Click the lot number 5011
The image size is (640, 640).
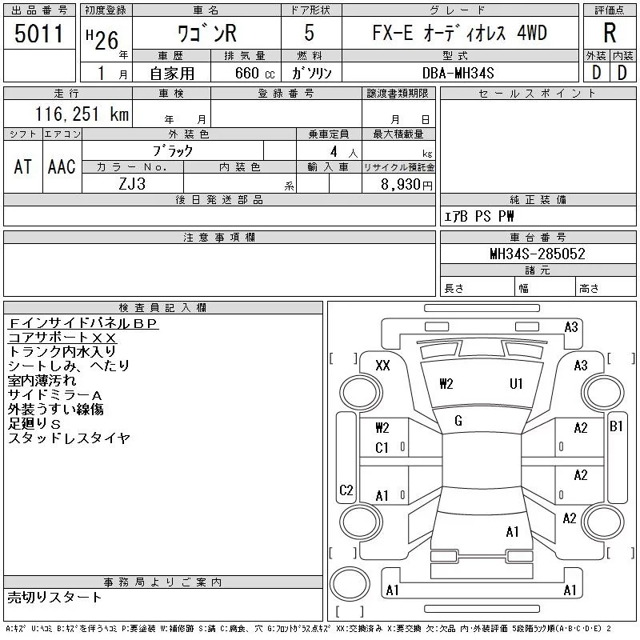38,34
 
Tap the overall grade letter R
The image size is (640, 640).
610,33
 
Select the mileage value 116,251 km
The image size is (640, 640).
82,114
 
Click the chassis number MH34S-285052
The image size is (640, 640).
538,254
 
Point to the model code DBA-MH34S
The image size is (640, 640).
458,73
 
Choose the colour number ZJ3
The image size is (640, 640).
132,184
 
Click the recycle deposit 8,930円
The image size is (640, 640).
406,185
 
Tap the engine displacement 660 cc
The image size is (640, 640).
254,73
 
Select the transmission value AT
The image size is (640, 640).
23,167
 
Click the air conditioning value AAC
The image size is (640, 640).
62,167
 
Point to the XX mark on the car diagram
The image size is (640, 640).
382,366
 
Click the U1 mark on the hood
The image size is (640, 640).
516,384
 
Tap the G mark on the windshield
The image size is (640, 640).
458,421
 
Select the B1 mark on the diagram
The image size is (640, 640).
616,426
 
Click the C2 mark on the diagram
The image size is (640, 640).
346,490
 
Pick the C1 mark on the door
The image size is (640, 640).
382,448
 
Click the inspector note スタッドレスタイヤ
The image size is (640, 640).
69,438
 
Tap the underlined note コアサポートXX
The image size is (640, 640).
62,338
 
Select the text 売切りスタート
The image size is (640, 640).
54,598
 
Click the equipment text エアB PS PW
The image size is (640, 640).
478,216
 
